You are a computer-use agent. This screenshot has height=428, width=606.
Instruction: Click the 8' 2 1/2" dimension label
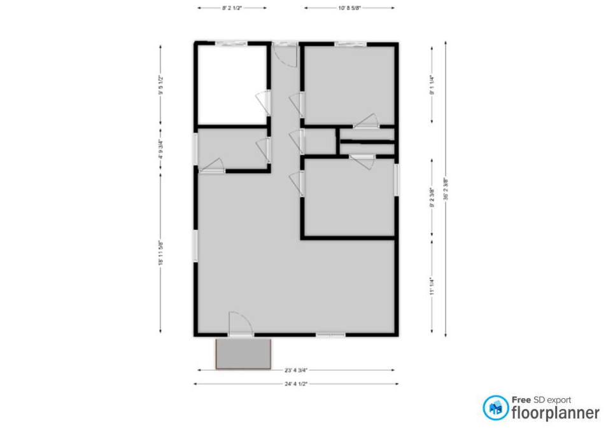(x=232, y=8)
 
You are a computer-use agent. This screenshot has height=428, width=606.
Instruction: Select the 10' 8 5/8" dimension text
(x=349, y=8)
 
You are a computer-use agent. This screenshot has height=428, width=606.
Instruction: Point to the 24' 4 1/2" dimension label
(x=296, y=384)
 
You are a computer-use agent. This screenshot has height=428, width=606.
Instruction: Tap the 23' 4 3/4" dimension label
(x=296, y=369)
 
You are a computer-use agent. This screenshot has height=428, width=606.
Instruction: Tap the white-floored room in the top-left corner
(x=231, y=85)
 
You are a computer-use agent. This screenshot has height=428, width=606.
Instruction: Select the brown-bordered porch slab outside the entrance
(x=244, y=354)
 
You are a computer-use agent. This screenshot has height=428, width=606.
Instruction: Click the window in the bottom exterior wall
(x=331, y=335)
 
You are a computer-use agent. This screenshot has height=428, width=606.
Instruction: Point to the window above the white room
(x=231, y=43)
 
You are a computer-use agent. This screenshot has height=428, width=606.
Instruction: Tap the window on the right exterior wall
(x=396, y=180)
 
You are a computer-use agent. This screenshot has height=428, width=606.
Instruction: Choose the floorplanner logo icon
(x=495, y=408)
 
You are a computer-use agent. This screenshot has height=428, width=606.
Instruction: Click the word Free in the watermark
(x=522, y=400)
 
